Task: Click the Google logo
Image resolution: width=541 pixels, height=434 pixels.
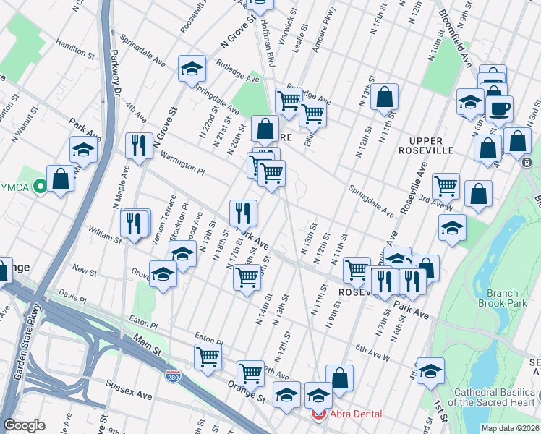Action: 24,425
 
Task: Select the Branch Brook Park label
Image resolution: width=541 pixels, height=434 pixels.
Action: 502,299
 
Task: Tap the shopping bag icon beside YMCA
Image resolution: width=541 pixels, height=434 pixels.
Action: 60,178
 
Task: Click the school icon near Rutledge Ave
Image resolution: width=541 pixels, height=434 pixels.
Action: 192,69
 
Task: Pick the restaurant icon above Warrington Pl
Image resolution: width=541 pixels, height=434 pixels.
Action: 137,145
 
